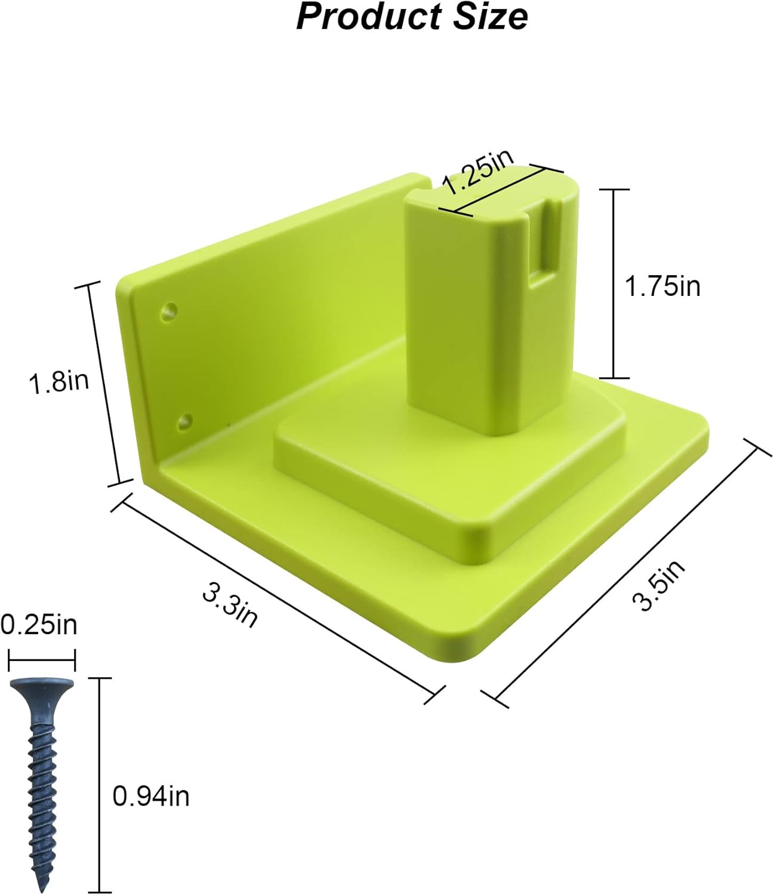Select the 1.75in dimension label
(x=662, y=286)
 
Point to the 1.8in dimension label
(x=58, y=382)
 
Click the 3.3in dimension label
(x=230, y=606)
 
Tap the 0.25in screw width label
(x=39, y=625)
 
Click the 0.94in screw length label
(x=151, y=797)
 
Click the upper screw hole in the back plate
(x=169, y=310)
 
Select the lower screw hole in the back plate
(x=185, y=421)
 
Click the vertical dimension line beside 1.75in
(x=614, y=283)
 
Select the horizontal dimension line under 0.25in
(x=42, y=661)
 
